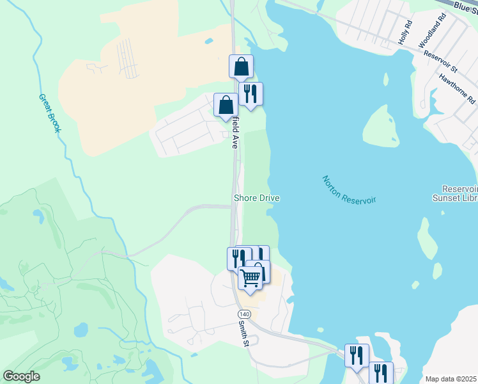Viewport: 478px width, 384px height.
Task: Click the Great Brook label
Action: tap(50, 114)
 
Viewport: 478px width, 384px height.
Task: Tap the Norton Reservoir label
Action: tap(349, 190)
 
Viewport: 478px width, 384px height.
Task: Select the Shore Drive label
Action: tap(257, 198)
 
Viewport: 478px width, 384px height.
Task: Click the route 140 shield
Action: tap(243, 314)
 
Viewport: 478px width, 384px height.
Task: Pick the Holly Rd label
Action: tap(405, 32)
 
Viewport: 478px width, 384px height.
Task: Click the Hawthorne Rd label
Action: tap(457, 88)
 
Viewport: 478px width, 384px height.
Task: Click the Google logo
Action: tap(21, 376)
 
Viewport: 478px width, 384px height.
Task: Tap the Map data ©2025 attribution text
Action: tap(451, 379)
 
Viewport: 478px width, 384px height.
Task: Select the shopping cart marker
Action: tap(251, 278)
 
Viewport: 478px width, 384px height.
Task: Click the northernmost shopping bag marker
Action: tap(242, 67)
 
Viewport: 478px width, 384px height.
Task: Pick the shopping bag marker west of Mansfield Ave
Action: tap(226, 105)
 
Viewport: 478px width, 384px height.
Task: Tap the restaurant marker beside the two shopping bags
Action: tap(251, 94)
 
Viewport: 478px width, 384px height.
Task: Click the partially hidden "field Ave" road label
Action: tap(235, 132)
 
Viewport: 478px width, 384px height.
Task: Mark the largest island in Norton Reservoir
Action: tap(382, 126)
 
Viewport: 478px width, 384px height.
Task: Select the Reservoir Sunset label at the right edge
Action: tap(460, 194)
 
